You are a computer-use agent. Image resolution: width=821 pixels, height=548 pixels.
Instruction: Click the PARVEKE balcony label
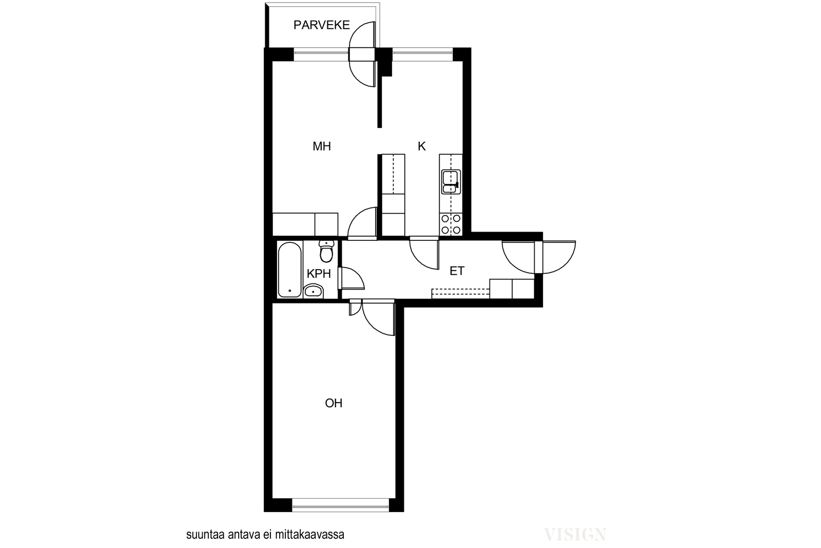[321, 25]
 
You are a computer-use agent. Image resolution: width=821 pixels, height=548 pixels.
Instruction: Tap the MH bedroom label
[321, 146]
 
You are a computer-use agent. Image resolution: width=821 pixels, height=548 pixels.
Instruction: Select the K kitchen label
[421, 146]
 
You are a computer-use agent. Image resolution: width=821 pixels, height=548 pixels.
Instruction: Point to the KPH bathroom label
[319, 274]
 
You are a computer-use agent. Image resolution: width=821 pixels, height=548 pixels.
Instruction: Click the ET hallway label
[457, 271]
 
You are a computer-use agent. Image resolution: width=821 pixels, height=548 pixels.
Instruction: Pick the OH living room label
[334, 403]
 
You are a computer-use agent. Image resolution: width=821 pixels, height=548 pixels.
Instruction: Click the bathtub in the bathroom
[289, 270]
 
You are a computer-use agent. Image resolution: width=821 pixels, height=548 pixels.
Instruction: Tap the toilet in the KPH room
[326, 251]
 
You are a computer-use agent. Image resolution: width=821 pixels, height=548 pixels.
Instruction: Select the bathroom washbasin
[314, 291]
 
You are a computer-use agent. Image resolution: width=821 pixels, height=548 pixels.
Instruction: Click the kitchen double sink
[451, 182]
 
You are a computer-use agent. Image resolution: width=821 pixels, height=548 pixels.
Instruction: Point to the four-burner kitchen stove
[451, 224]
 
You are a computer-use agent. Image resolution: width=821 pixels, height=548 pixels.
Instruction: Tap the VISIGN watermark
[575, 535]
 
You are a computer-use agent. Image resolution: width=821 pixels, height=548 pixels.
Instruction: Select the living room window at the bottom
[341, 505]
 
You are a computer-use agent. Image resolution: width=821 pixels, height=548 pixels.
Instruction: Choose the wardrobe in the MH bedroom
[305, 224]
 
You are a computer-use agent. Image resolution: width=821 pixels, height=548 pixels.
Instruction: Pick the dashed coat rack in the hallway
[461, 293]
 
